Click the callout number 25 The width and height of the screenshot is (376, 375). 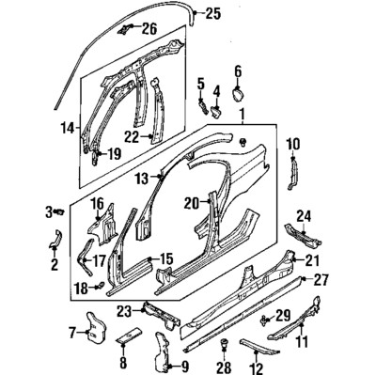tap(212, 13)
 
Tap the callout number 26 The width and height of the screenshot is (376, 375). tap(149, 27)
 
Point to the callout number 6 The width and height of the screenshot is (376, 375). tap(238, 70)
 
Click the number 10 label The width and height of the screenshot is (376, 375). tap(292, 143)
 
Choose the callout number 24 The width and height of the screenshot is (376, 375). tap(304, 215)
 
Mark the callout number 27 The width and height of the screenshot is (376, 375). tap(321, 279)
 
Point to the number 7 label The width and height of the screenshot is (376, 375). tap(71, 331)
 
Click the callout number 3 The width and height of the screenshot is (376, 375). tap(49, 212)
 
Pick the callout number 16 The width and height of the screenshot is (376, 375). tap(96, 203)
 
